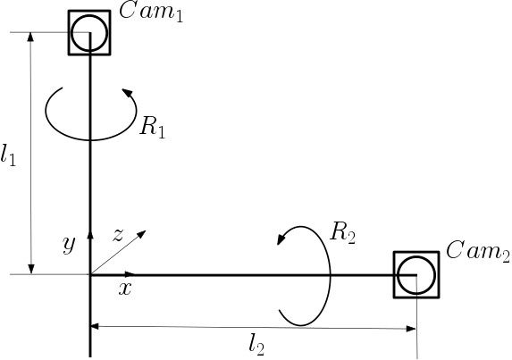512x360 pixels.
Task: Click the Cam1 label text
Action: (x=151, y=13)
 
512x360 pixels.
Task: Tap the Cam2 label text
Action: (x=478, y=252)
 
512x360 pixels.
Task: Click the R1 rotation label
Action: (x=153, y=127)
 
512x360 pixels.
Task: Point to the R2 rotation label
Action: (x=342, y=233)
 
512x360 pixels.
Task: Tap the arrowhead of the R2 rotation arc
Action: (x=281, y=239)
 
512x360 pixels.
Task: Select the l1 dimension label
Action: (x=8, y=155)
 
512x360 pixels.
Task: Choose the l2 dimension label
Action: (x=256, y=345)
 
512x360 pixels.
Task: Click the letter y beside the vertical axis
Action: (x=69, y=244)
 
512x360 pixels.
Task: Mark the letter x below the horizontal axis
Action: (x=125, y=289)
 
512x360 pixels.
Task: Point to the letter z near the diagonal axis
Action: (x=118, y=235)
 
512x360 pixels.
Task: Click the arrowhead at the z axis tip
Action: (x=142, y=234)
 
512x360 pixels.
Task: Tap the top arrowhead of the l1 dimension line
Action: (x=30, y=38)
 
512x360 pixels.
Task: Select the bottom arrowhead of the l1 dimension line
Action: (x=31, y=269)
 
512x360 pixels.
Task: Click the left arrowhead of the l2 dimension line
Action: (x=95, y=326)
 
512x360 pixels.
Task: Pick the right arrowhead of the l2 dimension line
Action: (x=411, y=329)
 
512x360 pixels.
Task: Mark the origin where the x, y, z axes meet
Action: (x=90, y=275)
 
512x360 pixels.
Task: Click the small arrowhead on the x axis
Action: (x=130, y=273)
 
